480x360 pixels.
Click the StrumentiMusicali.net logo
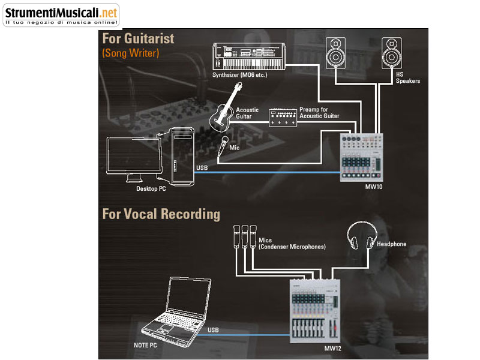tap(60, 14)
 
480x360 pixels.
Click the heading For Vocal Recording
tap(161, 214)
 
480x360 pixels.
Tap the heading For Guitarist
tap(138, 38)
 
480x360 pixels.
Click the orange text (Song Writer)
tap(130, 53)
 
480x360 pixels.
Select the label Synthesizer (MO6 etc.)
tap(239, 76)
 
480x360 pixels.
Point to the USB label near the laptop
tap(213, 331)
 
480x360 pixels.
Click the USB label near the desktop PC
tap(202, 167)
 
